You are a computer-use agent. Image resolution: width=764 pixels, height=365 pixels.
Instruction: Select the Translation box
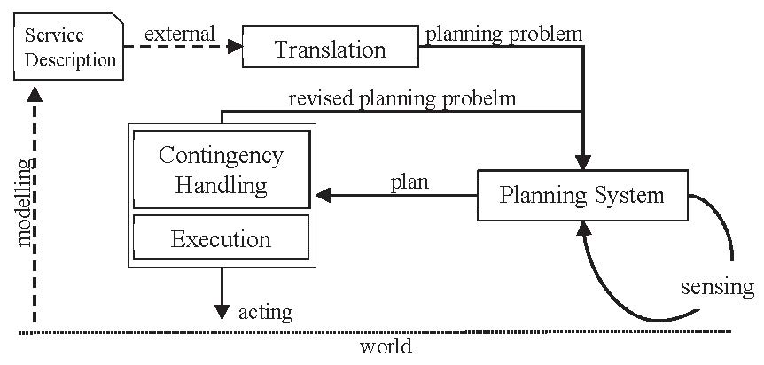pos(330,49)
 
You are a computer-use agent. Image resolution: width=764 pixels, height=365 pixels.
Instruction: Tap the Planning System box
pos(581,194)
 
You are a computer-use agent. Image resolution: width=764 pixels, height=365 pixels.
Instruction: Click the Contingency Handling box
pos(221,170)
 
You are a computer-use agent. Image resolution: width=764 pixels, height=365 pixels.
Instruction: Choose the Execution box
pos(221,239)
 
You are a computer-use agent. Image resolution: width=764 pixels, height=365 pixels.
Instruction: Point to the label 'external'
pos(180,35)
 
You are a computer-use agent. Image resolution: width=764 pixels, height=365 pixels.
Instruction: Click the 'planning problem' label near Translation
pos(503,35)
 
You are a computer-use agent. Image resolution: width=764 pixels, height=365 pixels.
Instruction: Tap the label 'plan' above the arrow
pos(409,182)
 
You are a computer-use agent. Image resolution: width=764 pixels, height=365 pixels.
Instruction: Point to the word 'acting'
pos(265,312)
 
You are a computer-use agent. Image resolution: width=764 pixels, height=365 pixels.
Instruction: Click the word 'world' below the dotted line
pos(386,346)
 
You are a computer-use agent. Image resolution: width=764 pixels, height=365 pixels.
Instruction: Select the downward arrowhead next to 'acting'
pos(221,311)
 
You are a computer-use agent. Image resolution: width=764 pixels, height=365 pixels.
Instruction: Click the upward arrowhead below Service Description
pos(34,95)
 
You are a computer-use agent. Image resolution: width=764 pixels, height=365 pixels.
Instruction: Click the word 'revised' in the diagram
pos(321,99)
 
